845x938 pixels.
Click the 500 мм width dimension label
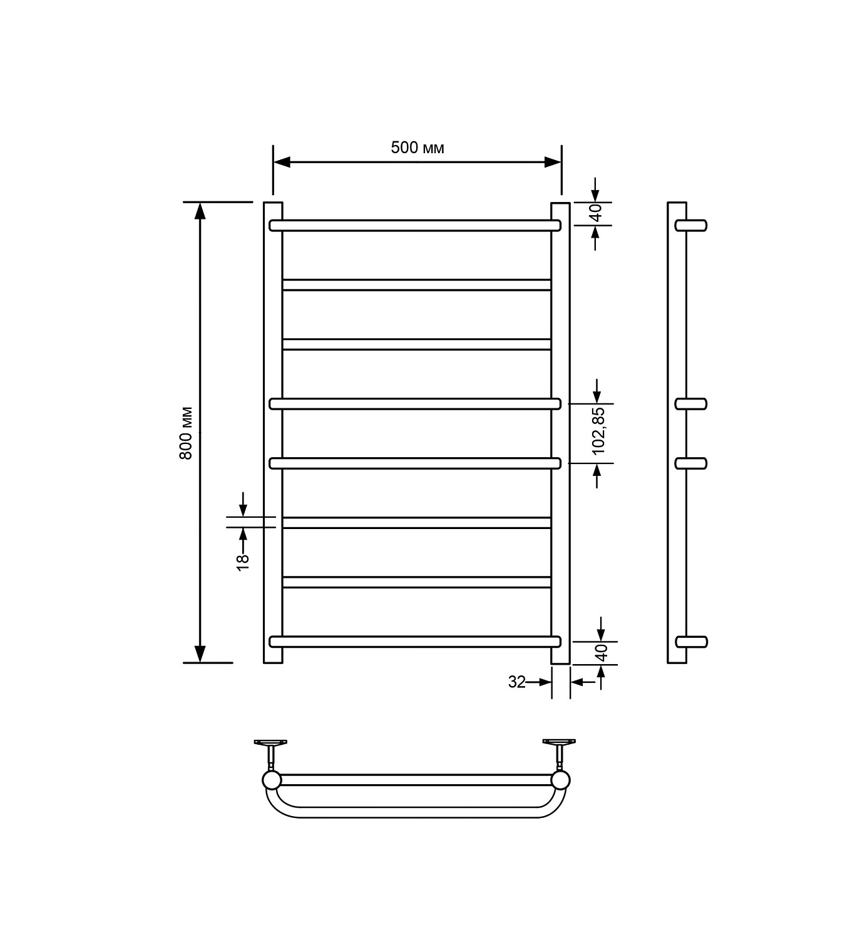click(x=417, y=148)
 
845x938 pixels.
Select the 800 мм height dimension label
click(x=186, y=433)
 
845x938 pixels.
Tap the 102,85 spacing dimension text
click(x=598, y=431)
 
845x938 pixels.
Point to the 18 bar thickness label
click(x=243, y=562)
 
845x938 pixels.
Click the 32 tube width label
click(x=517, y=682)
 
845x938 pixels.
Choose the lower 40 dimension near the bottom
click(x=603, y=652)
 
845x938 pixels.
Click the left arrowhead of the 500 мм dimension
click(x=282, y=162)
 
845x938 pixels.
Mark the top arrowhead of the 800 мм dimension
click(x=200, y=211)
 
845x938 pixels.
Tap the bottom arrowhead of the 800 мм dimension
click(x=200, y=653)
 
